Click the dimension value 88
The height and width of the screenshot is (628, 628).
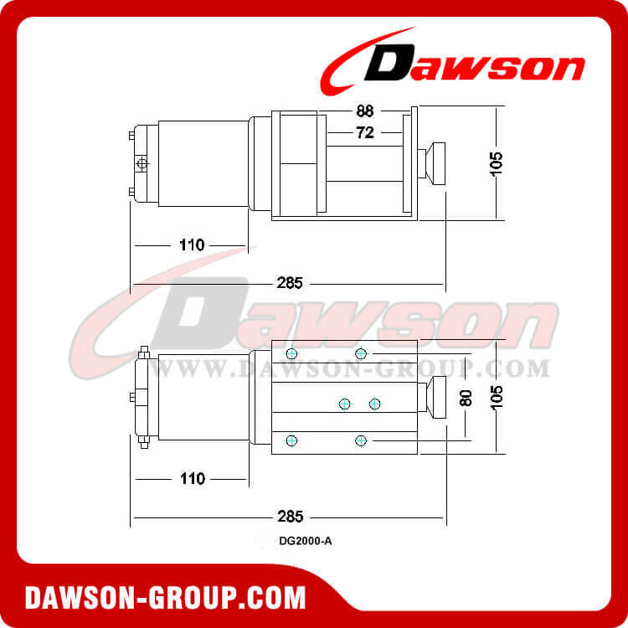(x=364, y=109)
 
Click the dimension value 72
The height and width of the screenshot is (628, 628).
(x=364, y=132)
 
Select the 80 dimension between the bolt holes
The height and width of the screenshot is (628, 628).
(x=466, y=398)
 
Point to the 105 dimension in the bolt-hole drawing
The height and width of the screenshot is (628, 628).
(x=497, y=396)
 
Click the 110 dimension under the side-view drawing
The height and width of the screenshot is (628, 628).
(x=192, y=245)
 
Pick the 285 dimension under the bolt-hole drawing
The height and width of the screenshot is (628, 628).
(x=290, y=516)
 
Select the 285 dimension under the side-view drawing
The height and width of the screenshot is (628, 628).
(x=290, y=282)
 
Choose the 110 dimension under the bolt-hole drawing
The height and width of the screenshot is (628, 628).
(x=192, y=479)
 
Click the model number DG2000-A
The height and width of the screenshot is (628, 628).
(x=306, y=541)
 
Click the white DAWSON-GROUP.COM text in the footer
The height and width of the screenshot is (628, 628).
(x=166, y=598)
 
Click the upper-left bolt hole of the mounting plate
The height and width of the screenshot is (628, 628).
(x=291, y=353)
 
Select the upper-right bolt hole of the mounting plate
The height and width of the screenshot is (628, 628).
(x=361, y=353)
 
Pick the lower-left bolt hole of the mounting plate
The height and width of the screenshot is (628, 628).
(x=291, y=440)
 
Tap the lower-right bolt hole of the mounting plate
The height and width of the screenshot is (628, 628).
(x=361, y=440)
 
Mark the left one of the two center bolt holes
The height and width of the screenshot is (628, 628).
(x=344, y=404)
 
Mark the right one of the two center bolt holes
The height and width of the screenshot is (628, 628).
(x=374, y=404)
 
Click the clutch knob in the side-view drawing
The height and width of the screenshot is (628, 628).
(x=435, y=162)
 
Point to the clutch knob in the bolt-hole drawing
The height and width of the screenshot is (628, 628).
(x=435, y=396)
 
